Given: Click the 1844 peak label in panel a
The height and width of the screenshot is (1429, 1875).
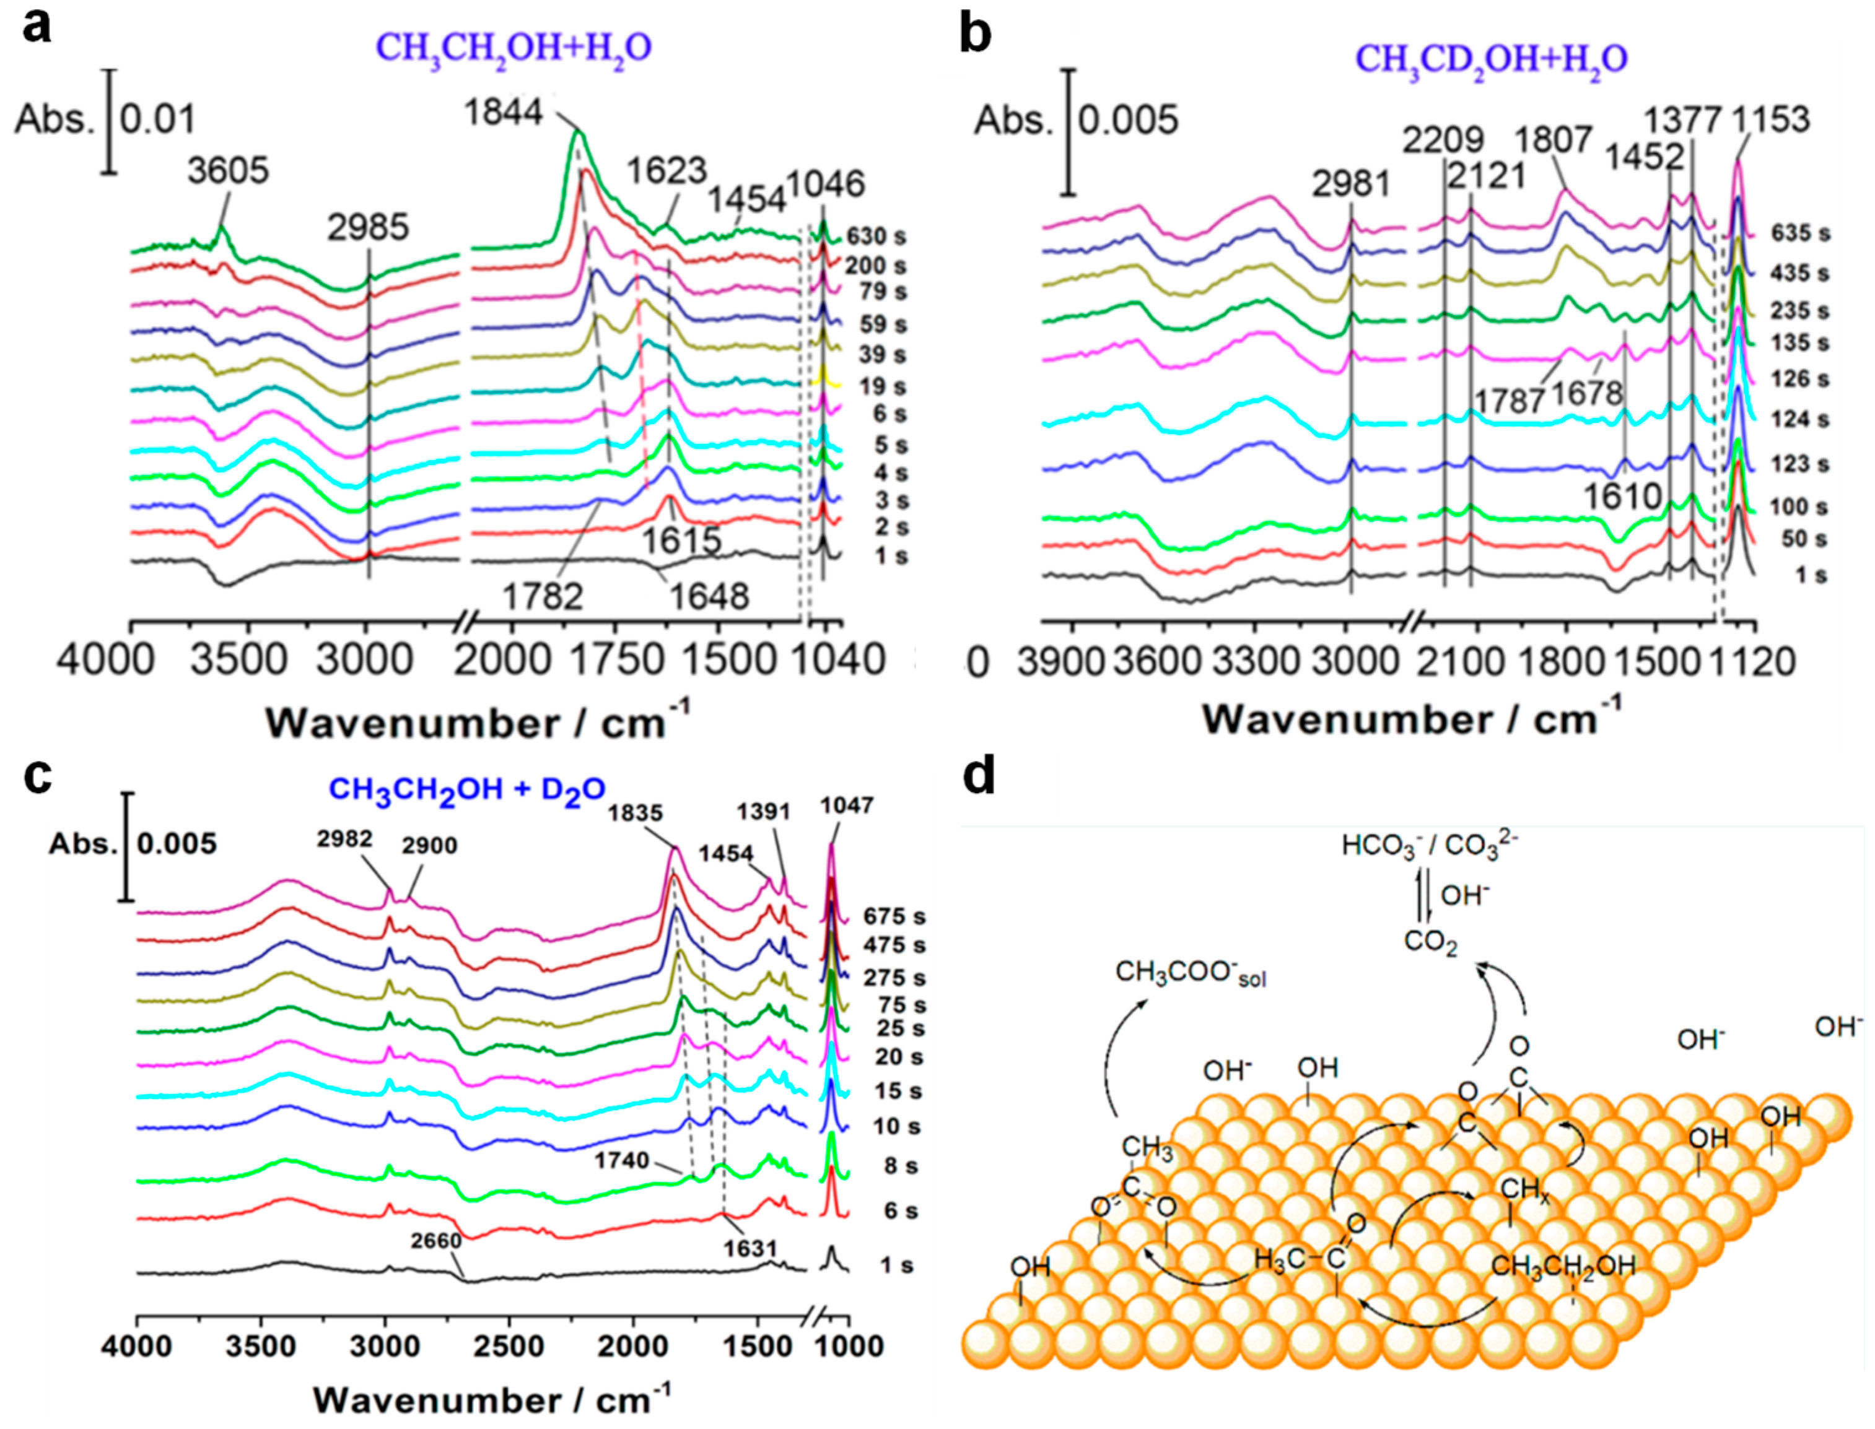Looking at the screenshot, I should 503,112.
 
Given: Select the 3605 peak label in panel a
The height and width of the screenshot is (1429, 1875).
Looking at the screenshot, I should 228,171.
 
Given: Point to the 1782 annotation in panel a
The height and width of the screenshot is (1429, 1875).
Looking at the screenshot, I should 543,596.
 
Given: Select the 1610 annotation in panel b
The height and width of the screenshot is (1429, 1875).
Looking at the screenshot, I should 1622,496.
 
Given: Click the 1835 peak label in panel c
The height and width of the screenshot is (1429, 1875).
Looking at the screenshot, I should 635,812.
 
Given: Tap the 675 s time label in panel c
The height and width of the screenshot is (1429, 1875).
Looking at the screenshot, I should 894,916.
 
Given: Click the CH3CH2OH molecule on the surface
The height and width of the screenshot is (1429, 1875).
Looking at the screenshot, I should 1563,1266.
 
